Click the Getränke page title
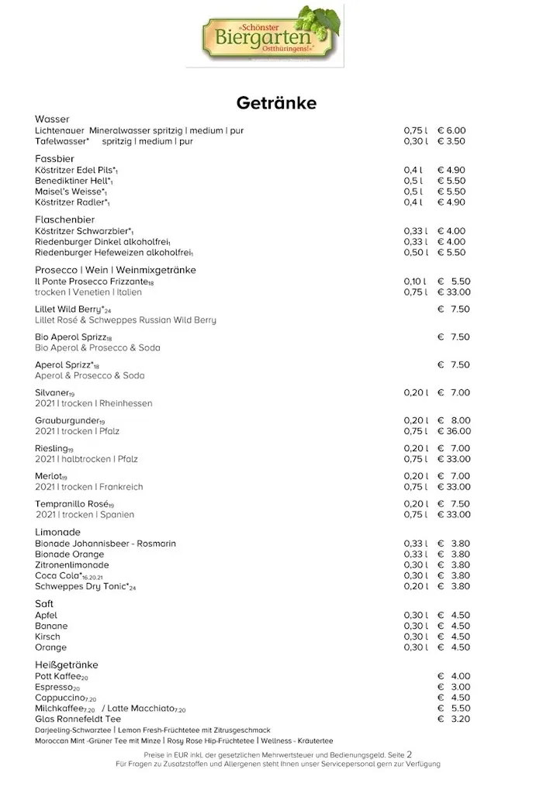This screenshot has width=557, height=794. coord(276,102)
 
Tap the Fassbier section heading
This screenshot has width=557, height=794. coord(54,158)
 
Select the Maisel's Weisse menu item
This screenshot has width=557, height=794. coord(70,192)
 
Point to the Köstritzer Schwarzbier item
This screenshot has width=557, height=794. coord(84,231)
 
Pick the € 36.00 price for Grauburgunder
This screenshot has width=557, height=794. coord(454,431)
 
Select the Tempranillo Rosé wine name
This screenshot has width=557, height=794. coord(74,504)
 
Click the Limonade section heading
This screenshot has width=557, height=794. coord(57,533)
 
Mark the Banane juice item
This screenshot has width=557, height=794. coord(51,626)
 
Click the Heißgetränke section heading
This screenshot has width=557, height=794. coord(67,665)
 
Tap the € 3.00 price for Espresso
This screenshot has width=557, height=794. coord(454,687)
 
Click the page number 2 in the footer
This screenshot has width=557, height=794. coord(410,754)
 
